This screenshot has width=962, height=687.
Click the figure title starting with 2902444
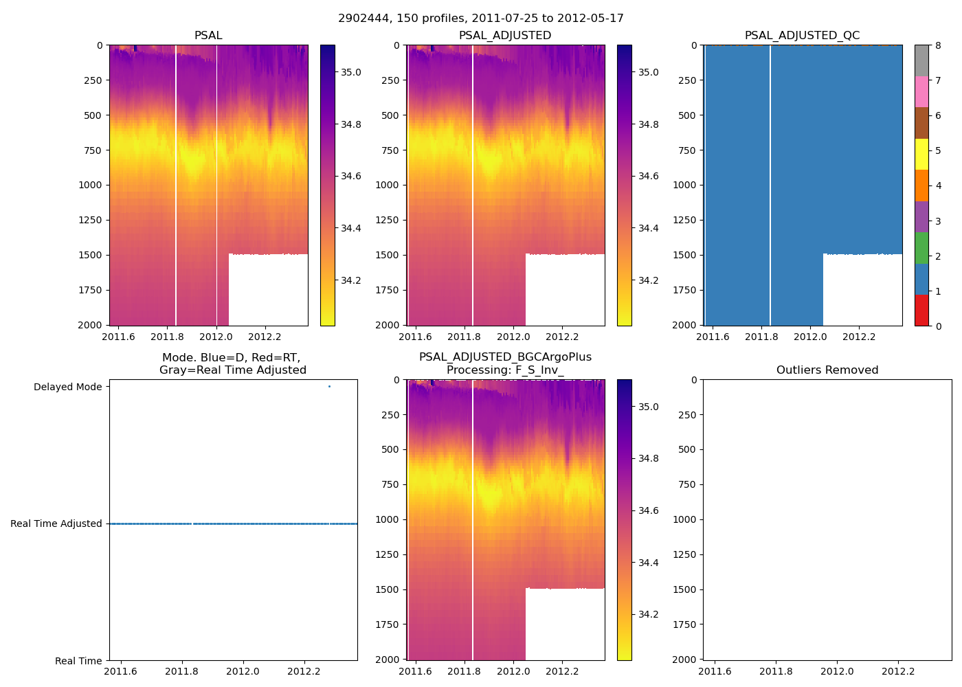pyautogui.click(x=480, y=19)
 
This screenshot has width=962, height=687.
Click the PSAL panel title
pyautogui.click(x=208, y=36)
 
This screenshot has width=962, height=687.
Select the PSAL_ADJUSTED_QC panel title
pyautogui.click(x=802, y=36)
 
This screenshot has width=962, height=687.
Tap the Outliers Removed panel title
pyautogui.click(x=827, y=370)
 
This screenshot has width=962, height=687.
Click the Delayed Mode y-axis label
pyautogui.click(x=67, y=387)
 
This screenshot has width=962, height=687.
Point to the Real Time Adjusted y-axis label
pyautogui.click(x=56, y=524)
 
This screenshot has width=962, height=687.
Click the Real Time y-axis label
pyautogui.click(x=78, y=661)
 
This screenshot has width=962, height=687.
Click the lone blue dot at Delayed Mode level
pyautogui.click(x=329, y=387)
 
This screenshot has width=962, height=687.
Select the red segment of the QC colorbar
pyautogui.click(x=921, y=311)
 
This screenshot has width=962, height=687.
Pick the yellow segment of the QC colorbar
pyautogui.click(x=921, y=155)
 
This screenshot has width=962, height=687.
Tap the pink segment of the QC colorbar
pyautogui.click(x=921, y=92)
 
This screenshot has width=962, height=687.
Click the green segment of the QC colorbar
pyautogui.click(x=921, y=248)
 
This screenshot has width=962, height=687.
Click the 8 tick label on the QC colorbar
pyautogui.click(x=938, y=45)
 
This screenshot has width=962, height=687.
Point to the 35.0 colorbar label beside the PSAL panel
pyautogui.click(x=351, y=72)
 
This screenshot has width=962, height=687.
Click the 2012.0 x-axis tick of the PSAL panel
pyautogui.click(x=216, y=337)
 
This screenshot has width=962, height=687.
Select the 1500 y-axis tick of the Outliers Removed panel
pyautogui.click(x=687, y=589)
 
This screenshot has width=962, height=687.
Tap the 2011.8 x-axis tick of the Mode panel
pyautogui.click(x=181, y=671)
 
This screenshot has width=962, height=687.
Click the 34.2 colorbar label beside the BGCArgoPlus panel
pyautogui.click(x=649, y=614)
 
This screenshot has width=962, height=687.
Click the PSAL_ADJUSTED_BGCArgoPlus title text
pyautogui.click(x=505, y=357)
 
